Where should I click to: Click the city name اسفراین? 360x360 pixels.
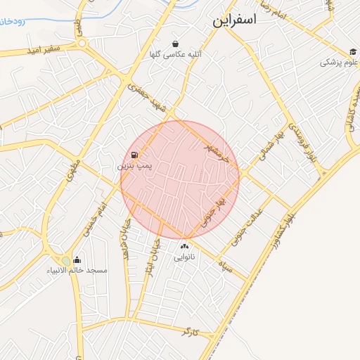pyautogui.click(x=236, y=20)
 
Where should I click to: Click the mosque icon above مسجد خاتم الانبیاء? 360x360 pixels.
pyautogui.click(x=77, y=260)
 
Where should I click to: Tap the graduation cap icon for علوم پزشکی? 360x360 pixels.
pyautogui.click(x=352, y=52)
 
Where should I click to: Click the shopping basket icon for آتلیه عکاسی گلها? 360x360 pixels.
pyautogui.click(x=174, y=44)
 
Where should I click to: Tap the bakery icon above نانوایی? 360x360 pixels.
pyautogui.click(x=185, y=247)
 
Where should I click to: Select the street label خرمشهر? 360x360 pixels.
pyautogui.click(x=217, y=150)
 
